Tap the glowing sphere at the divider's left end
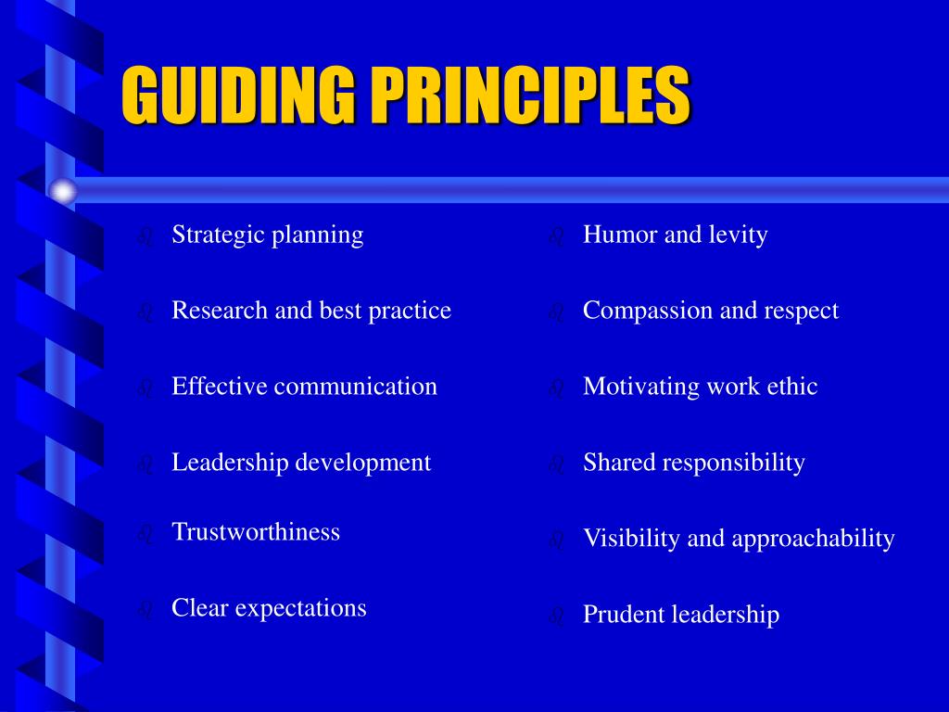[x=63, y=191]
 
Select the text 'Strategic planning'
[x=267, y=235]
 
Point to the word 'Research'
[x=220, y=311]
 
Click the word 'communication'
[x=355, y=387]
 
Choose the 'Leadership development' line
[x=301, y=463]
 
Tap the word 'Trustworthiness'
[x=256, y=532]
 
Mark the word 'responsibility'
[x=734, y=463]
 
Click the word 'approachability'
[x=813, y=539]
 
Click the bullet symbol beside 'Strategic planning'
[x=144, y=237]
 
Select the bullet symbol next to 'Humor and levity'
[x=556, y=237]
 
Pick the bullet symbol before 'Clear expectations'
[x=144, y=610]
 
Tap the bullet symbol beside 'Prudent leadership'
[x=556, y=616]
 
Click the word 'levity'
[x=738, y=235]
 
